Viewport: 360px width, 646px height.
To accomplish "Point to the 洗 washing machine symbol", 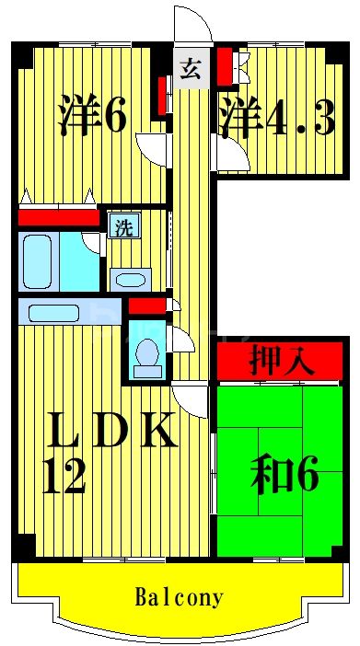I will tap(122, 227).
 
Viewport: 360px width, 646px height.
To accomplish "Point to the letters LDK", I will tap(110, 431).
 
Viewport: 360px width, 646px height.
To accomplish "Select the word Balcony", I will tap(180, 598).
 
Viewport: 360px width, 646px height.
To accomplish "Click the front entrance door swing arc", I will tap(192, 25).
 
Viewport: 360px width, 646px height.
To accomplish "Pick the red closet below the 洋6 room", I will tap(58, 218).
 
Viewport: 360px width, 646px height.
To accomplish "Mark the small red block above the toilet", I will tap(145, 306).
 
